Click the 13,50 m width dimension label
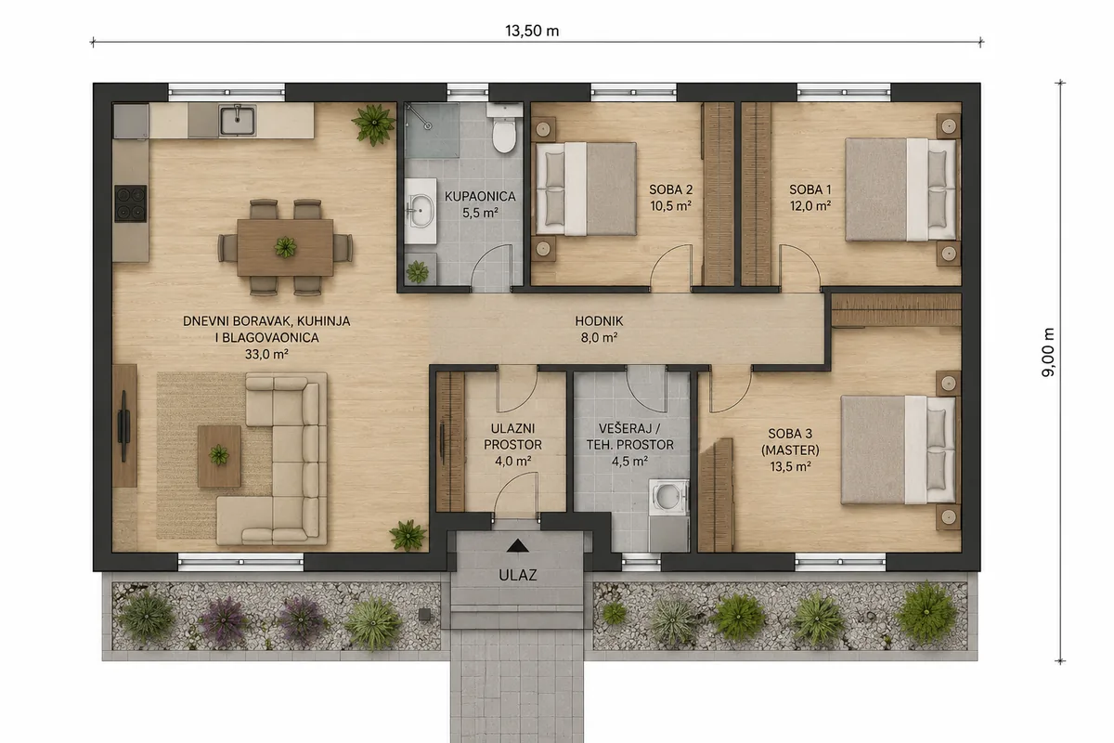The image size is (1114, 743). click(x=532, y=31)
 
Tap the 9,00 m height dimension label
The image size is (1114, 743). click(x=1048, y=352)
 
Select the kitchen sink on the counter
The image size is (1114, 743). click(x=238, y=121)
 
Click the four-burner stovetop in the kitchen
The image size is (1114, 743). click(x=130, y=203)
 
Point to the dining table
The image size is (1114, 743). click(x=285, y=247)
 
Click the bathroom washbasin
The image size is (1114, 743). click(x=421, y=211)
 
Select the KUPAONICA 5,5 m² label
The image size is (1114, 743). click(x=480, y=204)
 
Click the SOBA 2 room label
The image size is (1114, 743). click(x=670, y=189)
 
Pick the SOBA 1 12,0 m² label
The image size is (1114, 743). click(x=810, y=198)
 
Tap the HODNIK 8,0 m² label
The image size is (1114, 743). click(x=599, y=330)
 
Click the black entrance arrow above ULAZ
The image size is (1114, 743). click(x=517, y=546)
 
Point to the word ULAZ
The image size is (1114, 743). click(x=518, y=575)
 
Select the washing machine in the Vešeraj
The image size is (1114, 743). click(x=668, y=497)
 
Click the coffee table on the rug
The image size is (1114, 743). click(x=219, y=456)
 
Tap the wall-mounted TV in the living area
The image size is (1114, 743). click(x=123, y=426)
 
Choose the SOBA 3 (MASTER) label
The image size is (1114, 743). click(x=790, y=450)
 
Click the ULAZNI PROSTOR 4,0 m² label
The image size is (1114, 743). click(x=512, y=444)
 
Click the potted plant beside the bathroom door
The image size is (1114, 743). click(x=417, y=272)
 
